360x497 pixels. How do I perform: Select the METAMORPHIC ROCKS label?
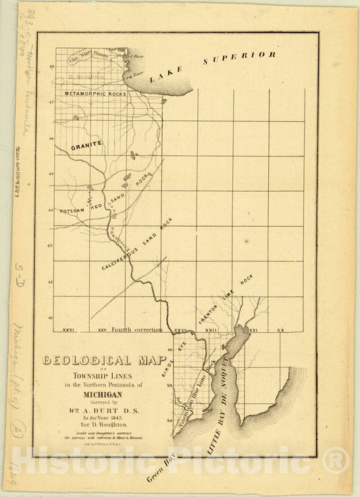[95, 94]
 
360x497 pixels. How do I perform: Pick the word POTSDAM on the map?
[70, 211]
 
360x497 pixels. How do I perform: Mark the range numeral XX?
[281, 330]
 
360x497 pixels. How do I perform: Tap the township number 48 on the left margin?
[51, 66]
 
